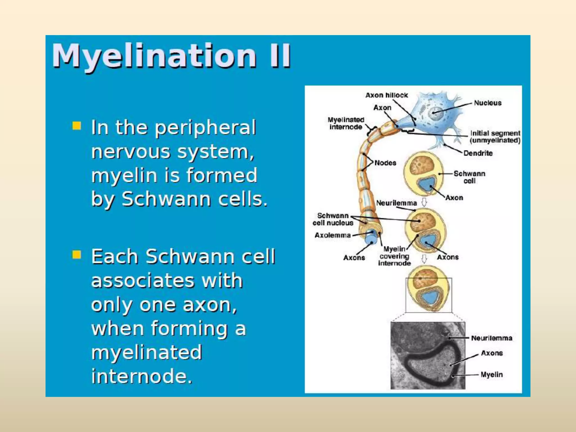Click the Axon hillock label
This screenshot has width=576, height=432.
(386, 95)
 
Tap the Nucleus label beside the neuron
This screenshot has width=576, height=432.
(488, 103)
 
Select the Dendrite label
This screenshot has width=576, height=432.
(478, 153)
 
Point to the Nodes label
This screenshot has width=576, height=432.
(385, 163)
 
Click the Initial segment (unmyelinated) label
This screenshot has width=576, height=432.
(495, 137)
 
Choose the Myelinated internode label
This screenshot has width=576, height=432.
(346, 123)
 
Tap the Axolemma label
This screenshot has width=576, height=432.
(332, 235)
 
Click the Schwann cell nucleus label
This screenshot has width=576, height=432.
(333, 219)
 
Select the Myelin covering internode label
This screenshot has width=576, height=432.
(394, 256)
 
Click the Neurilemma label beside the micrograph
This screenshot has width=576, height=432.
(492, 338)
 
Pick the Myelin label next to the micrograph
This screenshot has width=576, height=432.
(492, 375)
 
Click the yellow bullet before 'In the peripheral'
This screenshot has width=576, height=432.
(76, 126)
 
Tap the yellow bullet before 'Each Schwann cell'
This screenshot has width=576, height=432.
(76, 255)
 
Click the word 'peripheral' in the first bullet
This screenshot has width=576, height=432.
(205, 128)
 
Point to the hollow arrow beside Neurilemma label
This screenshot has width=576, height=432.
(424, 202)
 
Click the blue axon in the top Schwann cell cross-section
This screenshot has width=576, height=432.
(426, 184)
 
